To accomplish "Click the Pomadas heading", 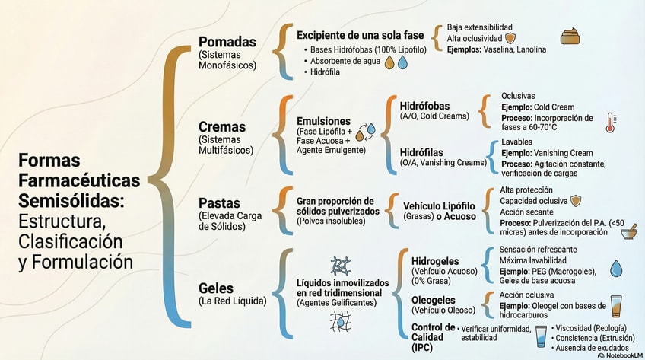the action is (x=227, y=42).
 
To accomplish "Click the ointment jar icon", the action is (x=571, y=37).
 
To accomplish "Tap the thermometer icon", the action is (x=611, y=123).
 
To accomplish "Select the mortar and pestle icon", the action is (x=629, y=231).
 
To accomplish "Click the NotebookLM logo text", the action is (x=620, y=355).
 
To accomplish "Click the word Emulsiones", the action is (x=323, y=121).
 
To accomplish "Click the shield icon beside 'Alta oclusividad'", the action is (x=510, y=38).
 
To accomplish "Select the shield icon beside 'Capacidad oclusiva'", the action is (x=576, y=201).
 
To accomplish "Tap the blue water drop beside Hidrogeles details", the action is (x=616, y=267).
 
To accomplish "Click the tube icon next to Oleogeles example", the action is (x=616, y=306).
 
